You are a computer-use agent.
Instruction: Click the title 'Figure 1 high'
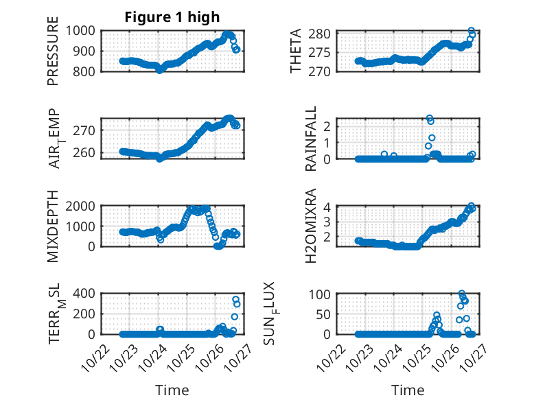[172, 17]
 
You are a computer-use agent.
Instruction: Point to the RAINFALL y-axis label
[311, 139]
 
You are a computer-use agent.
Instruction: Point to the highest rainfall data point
[430, 118]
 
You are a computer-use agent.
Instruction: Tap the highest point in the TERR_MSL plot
[235, 300]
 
